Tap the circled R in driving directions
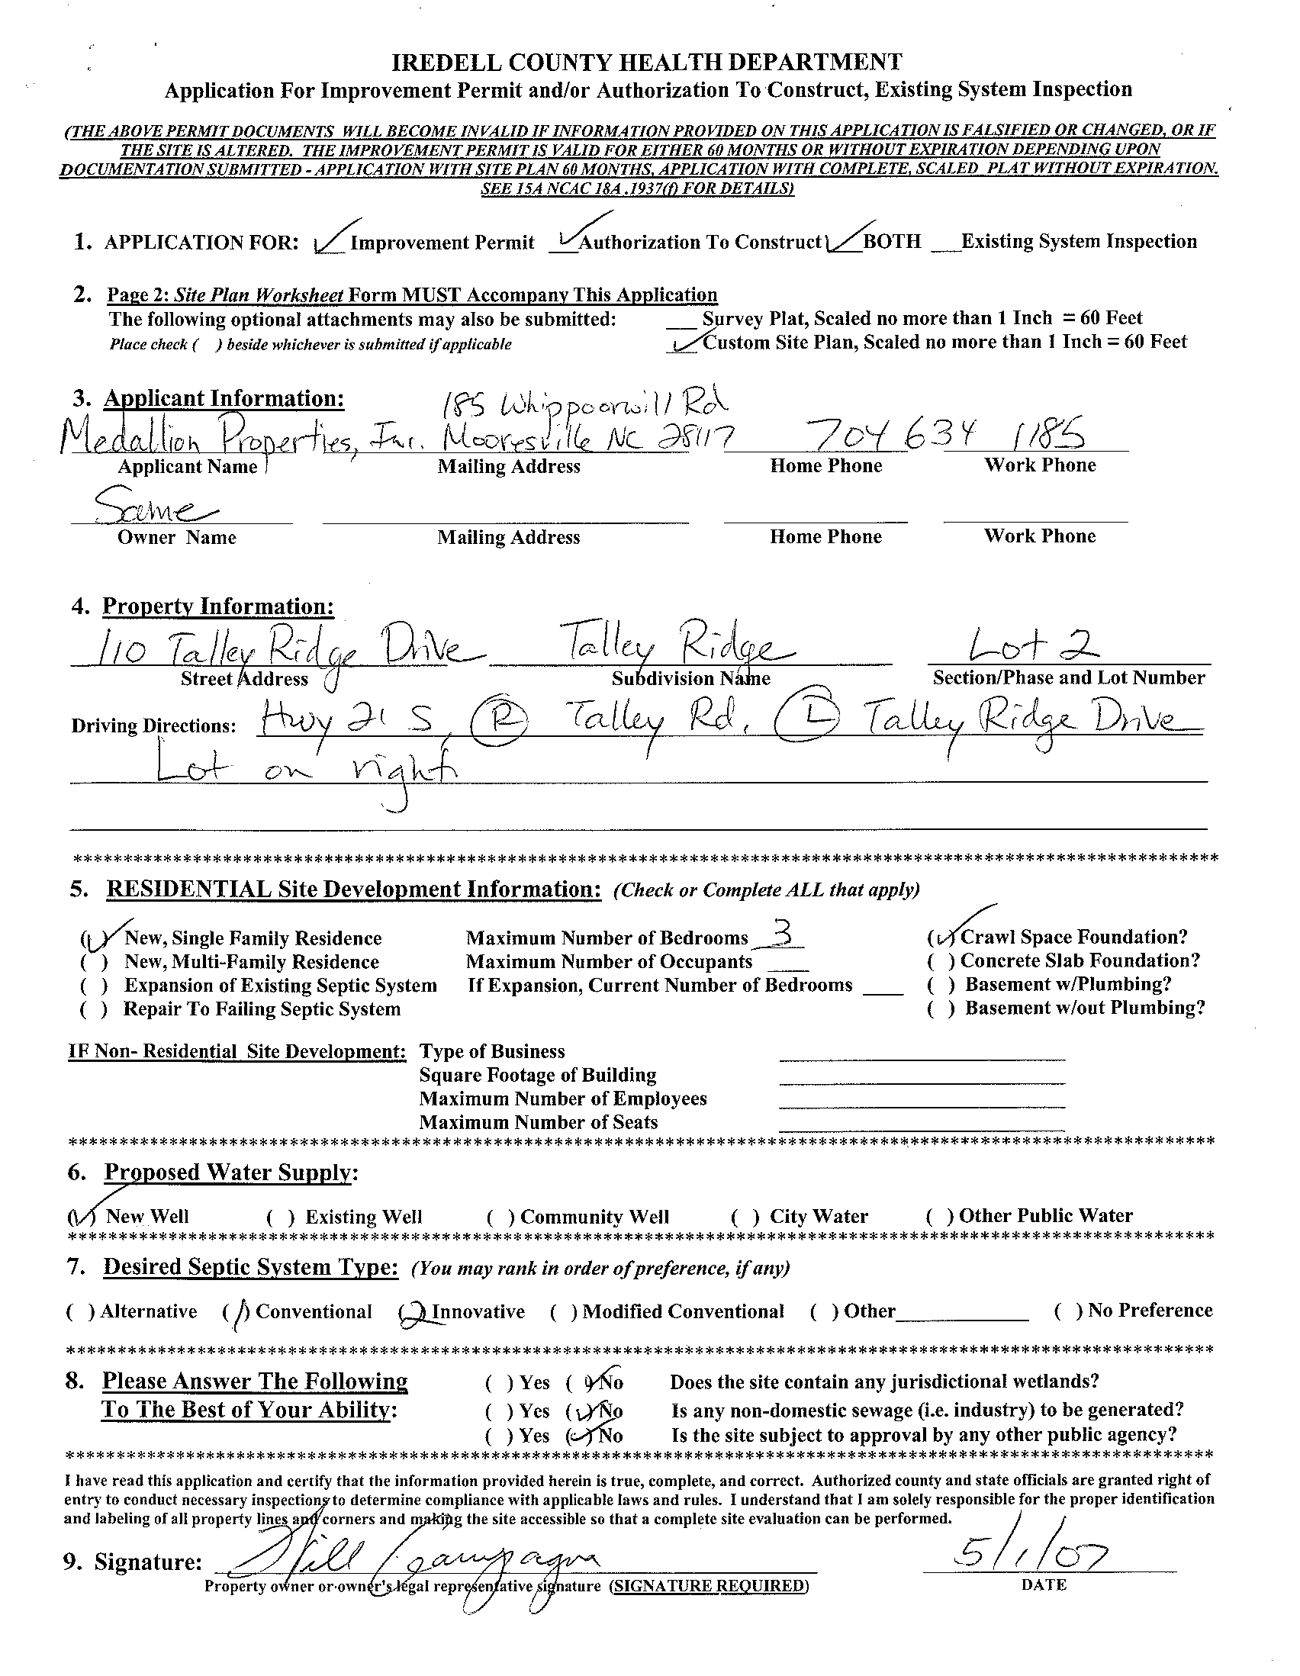[x=499, y=722]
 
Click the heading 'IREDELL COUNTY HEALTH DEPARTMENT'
[x=647, y=62]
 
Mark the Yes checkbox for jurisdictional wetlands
[x=499, y=1383]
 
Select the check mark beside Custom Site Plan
[x=684, y=343]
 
